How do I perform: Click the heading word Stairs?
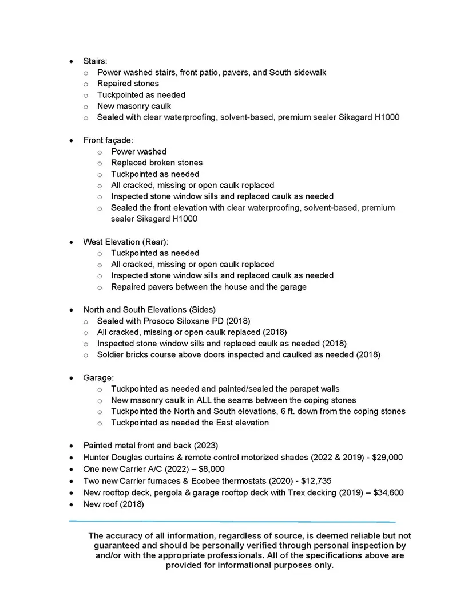pos(95,61)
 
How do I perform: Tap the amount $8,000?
pos(212,469)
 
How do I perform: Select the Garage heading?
pos(98,378)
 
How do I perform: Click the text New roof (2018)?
pos(113,504)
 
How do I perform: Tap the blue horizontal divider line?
pos(232,522)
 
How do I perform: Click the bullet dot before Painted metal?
pos(70,446)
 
